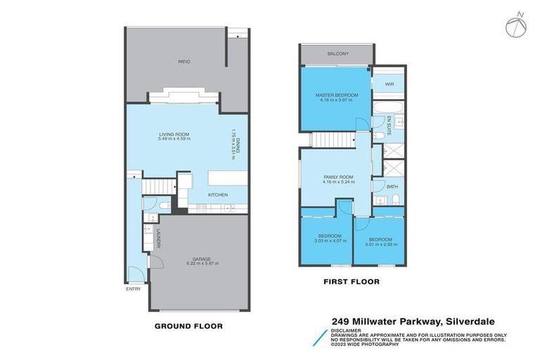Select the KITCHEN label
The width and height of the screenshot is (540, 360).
click(217, 195)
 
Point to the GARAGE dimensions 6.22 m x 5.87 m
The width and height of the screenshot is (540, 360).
click(196, 263)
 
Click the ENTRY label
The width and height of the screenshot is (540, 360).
click(133, 289)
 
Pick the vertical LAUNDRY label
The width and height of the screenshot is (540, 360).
click(159, 239)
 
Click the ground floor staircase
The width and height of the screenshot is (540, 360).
click(159, 186)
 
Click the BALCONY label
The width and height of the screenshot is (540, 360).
click(337, 54)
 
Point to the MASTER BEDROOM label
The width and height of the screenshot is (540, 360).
click(336, 95)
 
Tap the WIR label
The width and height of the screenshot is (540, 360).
click(389, 84)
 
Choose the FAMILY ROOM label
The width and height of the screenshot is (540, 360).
click(339, 177)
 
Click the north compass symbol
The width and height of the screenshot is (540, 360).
click(515, 25)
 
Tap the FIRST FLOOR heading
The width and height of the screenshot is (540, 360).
click(352, 282)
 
